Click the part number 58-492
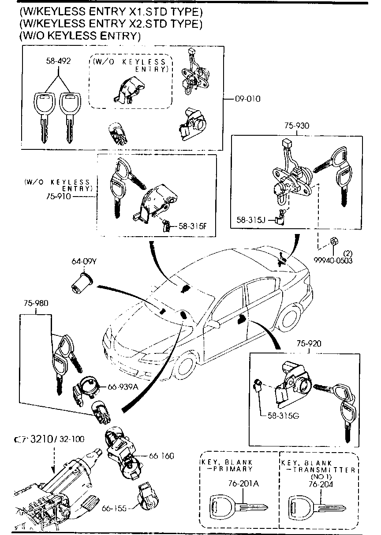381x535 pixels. (58, 61)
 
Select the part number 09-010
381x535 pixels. (247, 99)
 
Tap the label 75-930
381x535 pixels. (296, 126)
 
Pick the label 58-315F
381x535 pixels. (192, 227)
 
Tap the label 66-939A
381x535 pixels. (123, 387)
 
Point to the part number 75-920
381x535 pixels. (308, 343)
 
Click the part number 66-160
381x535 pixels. (161, 455)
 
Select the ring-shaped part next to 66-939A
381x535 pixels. (88, 386)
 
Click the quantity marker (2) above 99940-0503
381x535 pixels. (348, 253)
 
